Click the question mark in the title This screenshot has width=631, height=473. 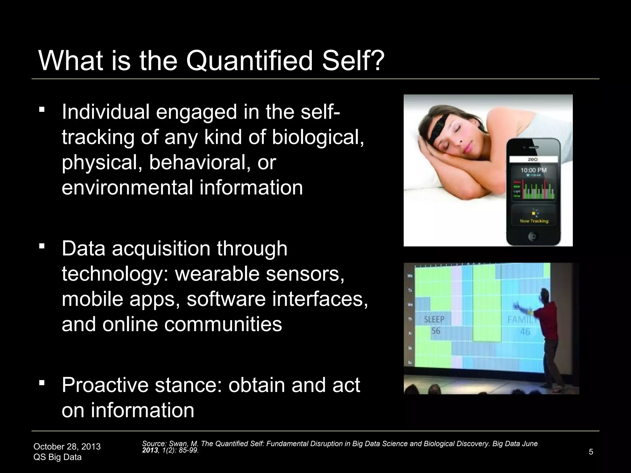coord(376,61)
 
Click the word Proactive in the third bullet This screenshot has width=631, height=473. coord(105,385)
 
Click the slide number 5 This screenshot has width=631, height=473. coord(591,452)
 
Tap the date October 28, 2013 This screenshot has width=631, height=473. coord(67,447)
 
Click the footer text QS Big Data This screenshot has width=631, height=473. coord(57,457)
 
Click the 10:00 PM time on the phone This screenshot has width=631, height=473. coord(533,170)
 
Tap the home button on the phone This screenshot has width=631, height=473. coord(533,236)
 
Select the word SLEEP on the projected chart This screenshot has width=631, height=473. coord(434,319)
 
